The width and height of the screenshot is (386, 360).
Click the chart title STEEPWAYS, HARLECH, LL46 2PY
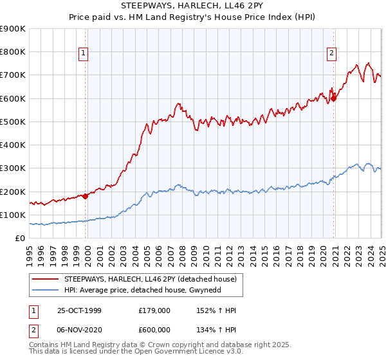coord(192,6)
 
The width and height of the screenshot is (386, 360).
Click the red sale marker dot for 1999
coord(86,196)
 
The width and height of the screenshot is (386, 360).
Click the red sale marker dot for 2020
coord(334,98)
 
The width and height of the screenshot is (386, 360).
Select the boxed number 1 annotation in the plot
coord(85,53)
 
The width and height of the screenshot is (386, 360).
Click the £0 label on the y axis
coord(21,239)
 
